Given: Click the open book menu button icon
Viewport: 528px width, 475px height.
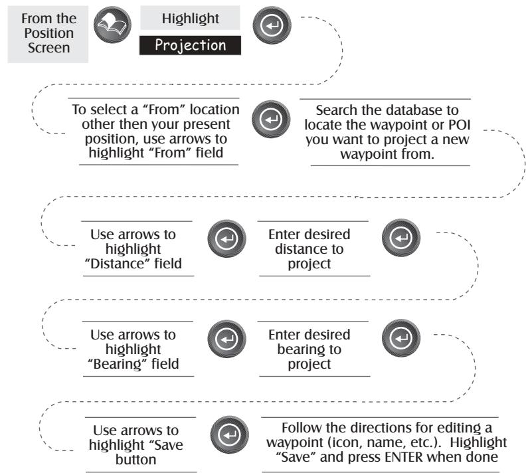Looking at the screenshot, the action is (x=112, y=25).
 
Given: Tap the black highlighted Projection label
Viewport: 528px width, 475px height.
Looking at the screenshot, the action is (x=190, y=45).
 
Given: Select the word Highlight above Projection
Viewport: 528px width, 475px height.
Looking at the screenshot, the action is (x=190, y=18).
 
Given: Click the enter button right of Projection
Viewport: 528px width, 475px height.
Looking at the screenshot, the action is (x=272, y=25).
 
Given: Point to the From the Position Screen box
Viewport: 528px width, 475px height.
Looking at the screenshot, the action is (x=48, y=34).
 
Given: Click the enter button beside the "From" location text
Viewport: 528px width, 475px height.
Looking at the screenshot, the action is (x=271, y=119).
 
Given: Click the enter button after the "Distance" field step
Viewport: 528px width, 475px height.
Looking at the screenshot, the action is (x=226, y=238).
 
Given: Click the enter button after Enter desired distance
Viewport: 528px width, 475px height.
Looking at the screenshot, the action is (x=401, y=238).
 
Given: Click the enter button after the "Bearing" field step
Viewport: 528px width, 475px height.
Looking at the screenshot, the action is (x=226, y=339).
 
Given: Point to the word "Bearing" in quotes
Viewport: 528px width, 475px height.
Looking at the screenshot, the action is (x=118, y=364).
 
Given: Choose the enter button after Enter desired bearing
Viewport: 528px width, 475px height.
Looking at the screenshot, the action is (x=401, y=337).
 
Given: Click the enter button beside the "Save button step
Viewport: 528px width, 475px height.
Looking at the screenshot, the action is (x=229, y=434).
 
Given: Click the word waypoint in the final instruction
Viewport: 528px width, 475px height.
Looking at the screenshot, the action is (x=292, y=442).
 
